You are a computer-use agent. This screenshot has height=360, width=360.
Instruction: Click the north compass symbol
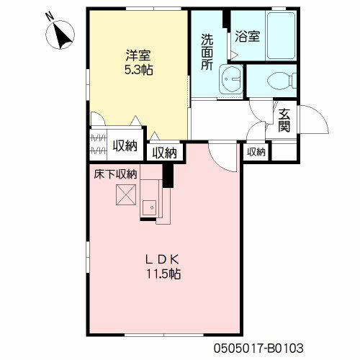60,35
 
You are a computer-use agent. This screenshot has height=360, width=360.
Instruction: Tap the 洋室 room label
138,55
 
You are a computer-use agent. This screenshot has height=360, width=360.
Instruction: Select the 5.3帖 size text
139,70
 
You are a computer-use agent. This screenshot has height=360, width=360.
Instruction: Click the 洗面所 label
207,52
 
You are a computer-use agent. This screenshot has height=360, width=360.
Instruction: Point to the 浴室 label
247,36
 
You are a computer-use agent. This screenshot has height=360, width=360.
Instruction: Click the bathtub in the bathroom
281,35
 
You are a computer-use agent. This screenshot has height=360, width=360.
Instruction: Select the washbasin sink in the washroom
231,78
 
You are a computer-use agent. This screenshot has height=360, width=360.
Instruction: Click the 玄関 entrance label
284,120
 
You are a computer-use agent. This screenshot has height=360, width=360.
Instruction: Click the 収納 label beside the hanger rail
125,145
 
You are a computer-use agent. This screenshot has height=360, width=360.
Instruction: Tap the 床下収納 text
115,174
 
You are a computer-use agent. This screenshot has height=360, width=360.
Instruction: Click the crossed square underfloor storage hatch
126,194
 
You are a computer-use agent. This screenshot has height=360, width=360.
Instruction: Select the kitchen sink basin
149,207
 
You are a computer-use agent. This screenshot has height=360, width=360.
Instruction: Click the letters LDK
163,259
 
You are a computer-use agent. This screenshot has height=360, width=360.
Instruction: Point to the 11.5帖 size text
164,274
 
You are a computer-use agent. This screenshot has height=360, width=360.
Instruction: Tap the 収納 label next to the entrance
256,152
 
